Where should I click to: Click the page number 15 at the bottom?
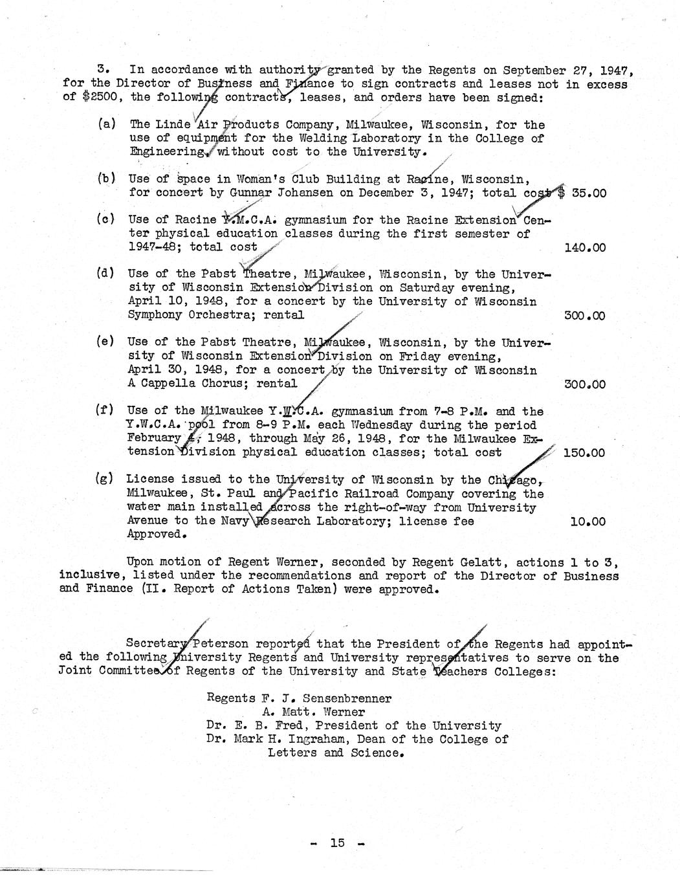337,843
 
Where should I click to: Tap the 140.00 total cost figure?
585,247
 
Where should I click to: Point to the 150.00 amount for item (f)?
584,453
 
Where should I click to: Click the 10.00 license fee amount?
588,522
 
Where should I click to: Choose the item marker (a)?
107,124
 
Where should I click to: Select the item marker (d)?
105,273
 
